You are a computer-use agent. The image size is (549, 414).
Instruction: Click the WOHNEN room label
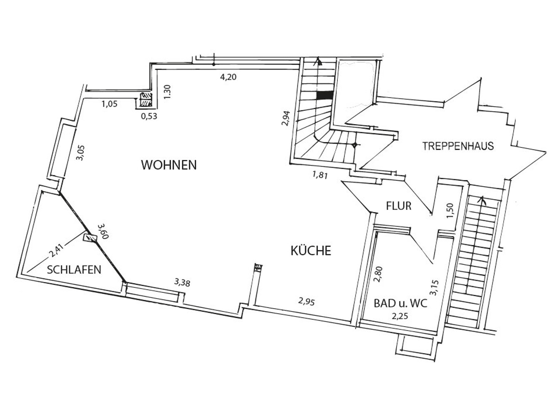[169, 165]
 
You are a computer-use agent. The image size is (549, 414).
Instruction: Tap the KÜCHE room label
[311, 250]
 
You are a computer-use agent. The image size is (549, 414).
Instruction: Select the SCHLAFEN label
[74, 270]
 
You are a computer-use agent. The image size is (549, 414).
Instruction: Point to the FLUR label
[399, 206]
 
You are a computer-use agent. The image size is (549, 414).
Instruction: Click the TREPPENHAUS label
[458, 146]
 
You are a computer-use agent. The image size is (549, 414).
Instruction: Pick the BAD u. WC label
[400, 304]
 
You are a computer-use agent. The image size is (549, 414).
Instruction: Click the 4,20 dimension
[228, 77]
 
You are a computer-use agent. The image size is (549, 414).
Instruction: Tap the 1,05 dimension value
[109, 104]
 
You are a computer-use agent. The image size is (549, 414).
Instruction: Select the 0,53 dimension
[149, 116]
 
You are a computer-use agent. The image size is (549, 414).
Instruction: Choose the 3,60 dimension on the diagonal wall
[103, 231]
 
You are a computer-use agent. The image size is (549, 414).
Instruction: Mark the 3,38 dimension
[182, 283]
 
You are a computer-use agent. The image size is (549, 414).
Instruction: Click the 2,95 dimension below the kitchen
[307, 302]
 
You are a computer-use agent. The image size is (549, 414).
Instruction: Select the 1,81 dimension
[320, 175]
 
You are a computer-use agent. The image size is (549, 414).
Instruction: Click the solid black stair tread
[325, 95]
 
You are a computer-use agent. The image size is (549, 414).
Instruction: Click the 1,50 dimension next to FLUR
[450, 210]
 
